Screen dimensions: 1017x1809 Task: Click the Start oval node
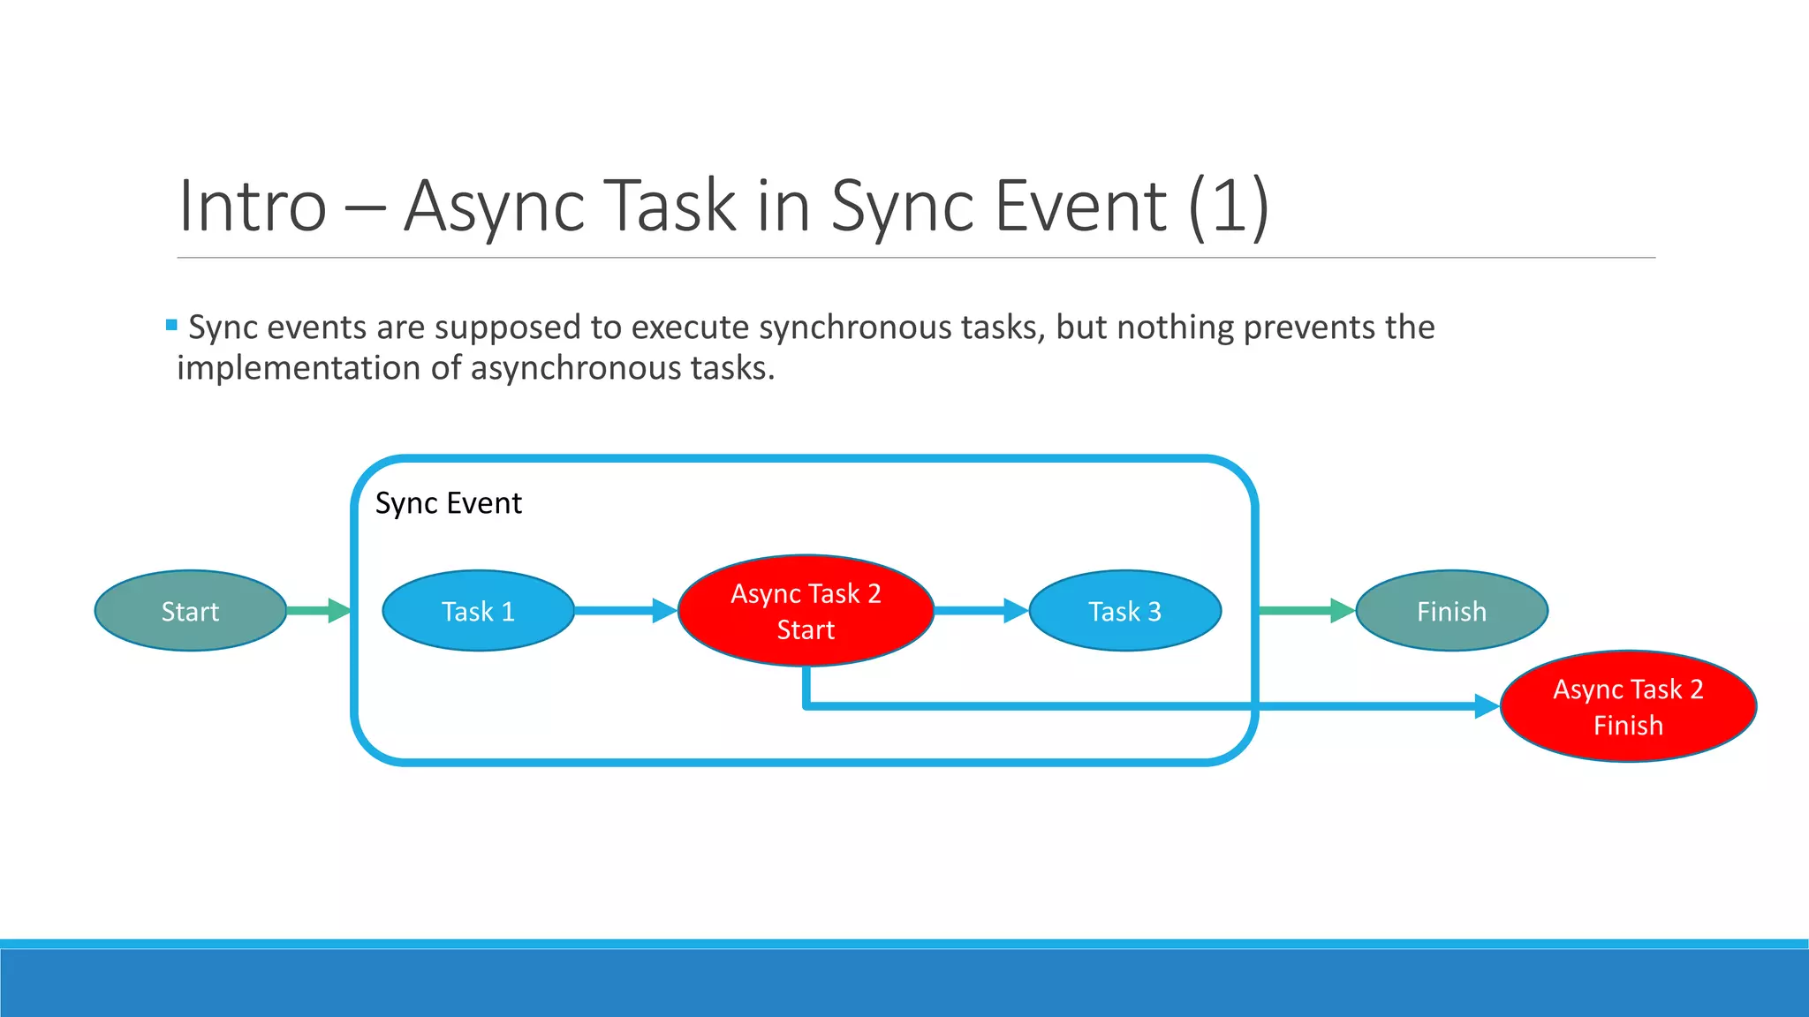[x=190, y=611]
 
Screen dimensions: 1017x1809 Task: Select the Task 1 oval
[x=478, y=611]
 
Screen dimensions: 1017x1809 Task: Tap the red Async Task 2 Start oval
[x=806, y=611]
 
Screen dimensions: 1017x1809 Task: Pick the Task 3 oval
[x=1124, y=611]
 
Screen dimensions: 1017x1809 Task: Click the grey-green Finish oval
[x=1451, y=611]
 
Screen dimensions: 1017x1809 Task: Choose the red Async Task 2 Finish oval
[x=1628, y=706]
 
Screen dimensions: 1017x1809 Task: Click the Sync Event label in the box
[x=448, y=503]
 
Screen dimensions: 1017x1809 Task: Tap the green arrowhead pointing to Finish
[x=1342, y=611]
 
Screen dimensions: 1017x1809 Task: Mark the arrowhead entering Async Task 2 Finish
[x=1487, y=706]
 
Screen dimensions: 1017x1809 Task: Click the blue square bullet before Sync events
[x=171, y=325]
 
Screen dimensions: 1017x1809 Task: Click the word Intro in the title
[x=253, y=207]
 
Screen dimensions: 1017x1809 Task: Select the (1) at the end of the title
[x=1229, y=207]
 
